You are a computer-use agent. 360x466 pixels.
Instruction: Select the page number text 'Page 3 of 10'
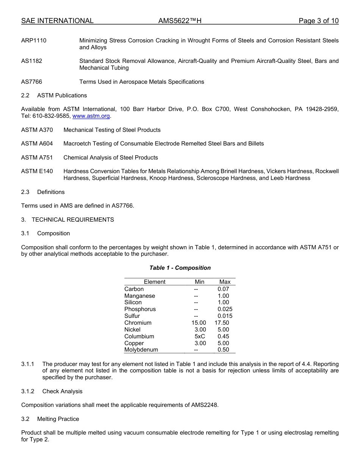(x=318, y=21)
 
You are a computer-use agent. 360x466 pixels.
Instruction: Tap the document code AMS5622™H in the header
(x=180, y=21)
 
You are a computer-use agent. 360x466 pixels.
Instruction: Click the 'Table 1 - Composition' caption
(x=180, y=268)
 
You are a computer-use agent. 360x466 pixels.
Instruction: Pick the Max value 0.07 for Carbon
(x=223, y=289)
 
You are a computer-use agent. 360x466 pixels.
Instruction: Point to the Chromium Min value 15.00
(x=199, y=323)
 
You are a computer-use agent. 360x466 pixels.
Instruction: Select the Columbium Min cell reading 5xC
(x=200, y=336)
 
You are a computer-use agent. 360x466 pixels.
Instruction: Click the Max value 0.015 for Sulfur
(x=225, y=316)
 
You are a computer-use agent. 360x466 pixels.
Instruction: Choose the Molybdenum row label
(x=141, y=350)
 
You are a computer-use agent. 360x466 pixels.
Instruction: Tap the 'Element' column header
(x=154, y=282)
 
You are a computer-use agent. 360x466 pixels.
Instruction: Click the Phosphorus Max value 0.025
(x=225, y=309)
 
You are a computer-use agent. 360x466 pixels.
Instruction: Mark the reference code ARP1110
(x=34, y=41)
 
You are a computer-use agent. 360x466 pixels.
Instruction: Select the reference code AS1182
(x=31, y=61)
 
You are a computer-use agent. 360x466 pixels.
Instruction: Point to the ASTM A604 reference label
(x=37, y=144)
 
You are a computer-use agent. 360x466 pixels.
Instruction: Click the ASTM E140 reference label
(x=37, y=171)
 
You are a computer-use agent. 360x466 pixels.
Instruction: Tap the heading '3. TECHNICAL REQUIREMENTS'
(x=67, y=220)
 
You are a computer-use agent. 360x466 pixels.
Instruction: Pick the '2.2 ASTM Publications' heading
(x=54, y=95)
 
